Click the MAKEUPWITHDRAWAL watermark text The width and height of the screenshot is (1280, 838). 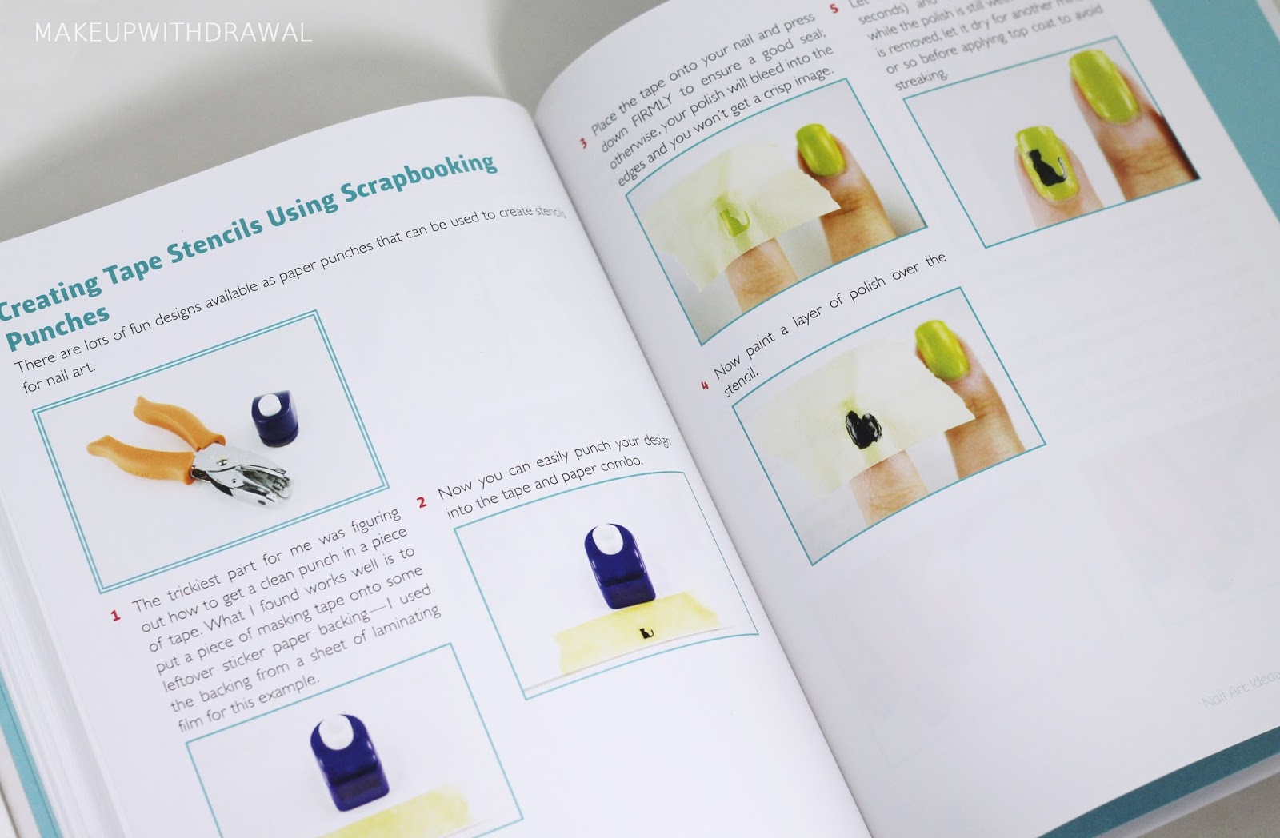(x=173, y=33)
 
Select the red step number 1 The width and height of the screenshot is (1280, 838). (x=115, y=615)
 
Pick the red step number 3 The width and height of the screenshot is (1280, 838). (x=583, y=143)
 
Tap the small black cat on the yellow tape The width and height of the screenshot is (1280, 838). (x=646, y=635)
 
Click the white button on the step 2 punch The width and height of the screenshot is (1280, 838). (x=610, y=535)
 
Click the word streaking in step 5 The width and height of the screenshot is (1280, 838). (x=922, y=79)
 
